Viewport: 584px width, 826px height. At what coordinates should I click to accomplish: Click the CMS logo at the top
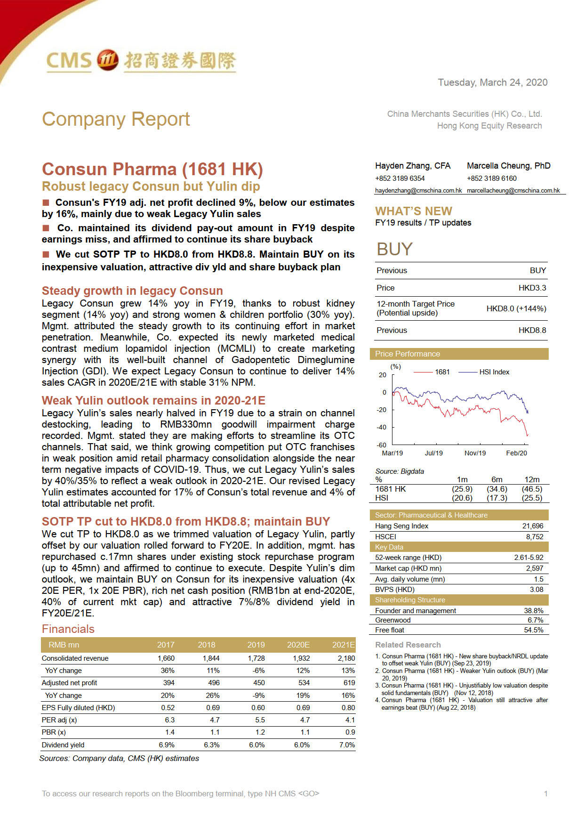click(x=140, y=61)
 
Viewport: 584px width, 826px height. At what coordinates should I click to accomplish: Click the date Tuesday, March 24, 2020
click(x=492, y=82)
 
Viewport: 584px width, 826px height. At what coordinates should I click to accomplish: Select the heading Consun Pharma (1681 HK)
click(x=152, y=169)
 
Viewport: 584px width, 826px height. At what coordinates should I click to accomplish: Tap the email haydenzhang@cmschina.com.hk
click(x=418, y=191)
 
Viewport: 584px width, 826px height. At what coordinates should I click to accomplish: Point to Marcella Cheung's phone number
click(x=491, y=178)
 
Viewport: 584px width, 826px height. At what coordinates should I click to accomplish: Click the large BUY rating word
click(x=394, y=249)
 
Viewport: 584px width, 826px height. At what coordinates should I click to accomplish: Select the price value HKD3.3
click(x=532, y=288)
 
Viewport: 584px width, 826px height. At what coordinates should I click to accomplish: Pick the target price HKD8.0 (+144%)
click(x=516, y=308)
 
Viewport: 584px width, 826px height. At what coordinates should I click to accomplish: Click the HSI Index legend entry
click(x=494, y=372)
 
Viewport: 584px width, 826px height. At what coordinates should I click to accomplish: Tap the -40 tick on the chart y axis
click(x=381, y=427)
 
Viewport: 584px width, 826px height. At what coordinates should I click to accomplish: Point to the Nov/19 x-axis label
click(x=475, y=453)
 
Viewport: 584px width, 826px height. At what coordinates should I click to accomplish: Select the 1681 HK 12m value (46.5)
click(x=532, y=489)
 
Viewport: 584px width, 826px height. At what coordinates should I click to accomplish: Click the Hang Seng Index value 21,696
click(x=532, y=526)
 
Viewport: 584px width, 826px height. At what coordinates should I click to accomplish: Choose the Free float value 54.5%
click(x=533, y=630)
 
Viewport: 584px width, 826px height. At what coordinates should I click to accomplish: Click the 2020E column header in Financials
click(x=298, y=645)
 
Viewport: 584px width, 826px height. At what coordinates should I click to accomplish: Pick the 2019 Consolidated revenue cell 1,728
click(x=256, y=658)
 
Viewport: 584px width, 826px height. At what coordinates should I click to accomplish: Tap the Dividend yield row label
click(x=63, y=745)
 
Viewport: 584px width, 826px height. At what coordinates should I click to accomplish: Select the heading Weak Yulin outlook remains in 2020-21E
click(x=153, y=400)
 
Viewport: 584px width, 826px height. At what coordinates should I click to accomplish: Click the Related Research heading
click(x=408, y=645)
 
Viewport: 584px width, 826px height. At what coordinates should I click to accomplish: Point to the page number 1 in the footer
click(x=545, y=794)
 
